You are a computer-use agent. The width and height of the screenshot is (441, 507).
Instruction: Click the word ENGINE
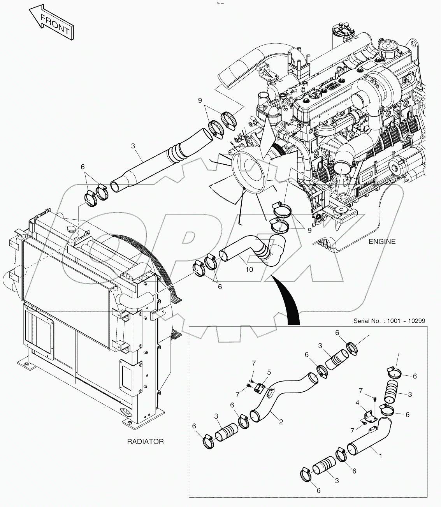pos(382,242)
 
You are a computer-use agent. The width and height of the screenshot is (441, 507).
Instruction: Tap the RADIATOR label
pos(145,441)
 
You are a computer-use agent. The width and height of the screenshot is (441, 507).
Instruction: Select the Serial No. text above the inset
pos(389,321)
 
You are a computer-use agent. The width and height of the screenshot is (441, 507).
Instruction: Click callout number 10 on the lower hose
pos(249,269)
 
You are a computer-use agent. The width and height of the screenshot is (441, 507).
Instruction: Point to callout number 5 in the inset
pos(269,372)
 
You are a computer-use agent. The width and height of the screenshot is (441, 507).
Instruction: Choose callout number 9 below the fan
pos(309,230)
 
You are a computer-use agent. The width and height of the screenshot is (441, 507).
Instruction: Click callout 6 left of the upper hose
pos(83,167)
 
